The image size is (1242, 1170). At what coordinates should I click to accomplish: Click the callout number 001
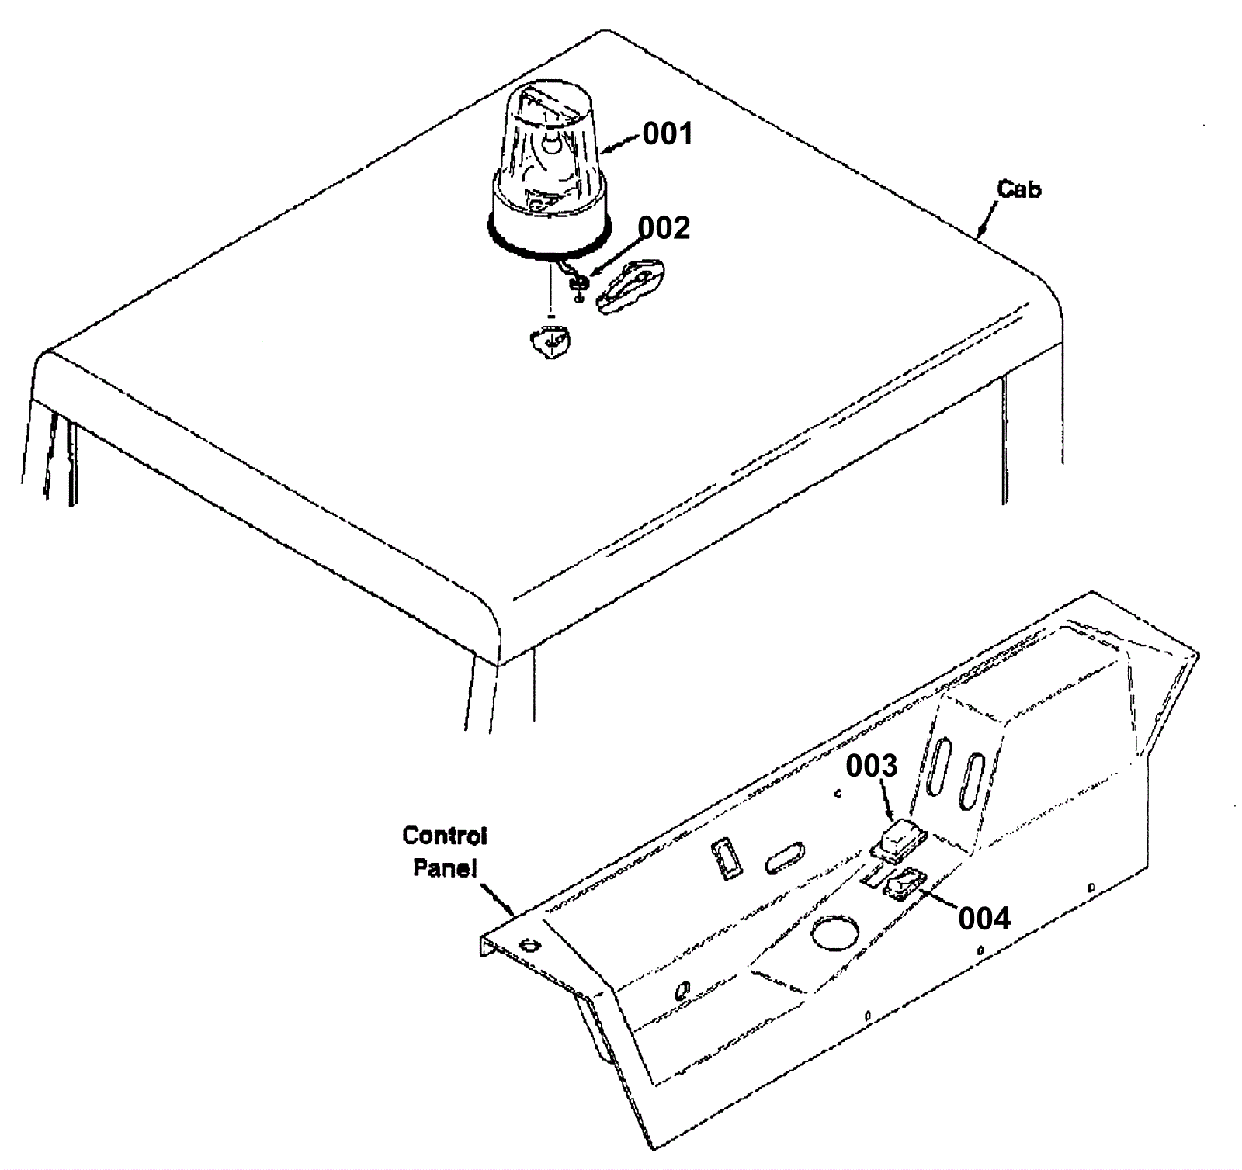668,134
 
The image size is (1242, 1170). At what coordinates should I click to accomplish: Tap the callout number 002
664,228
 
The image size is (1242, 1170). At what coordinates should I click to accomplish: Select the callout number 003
871,766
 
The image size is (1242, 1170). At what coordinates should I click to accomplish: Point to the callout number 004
984,919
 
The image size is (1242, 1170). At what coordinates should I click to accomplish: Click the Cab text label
1019,189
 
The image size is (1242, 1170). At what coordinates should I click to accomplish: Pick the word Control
445,836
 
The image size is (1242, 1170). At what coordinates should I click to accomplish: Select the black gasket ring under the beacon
548,248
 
